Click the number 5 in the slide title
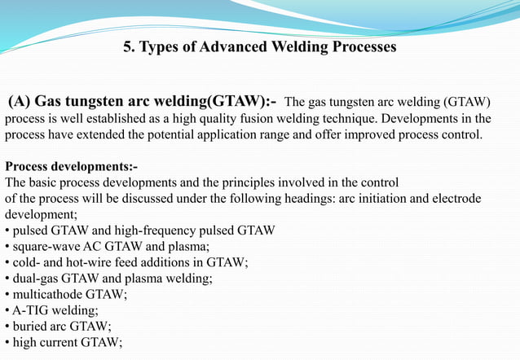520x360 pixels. [128, 47]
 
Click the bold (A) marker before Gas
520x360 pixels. [20, 102]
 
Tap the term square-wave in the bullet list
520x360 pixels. [42, 247]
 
